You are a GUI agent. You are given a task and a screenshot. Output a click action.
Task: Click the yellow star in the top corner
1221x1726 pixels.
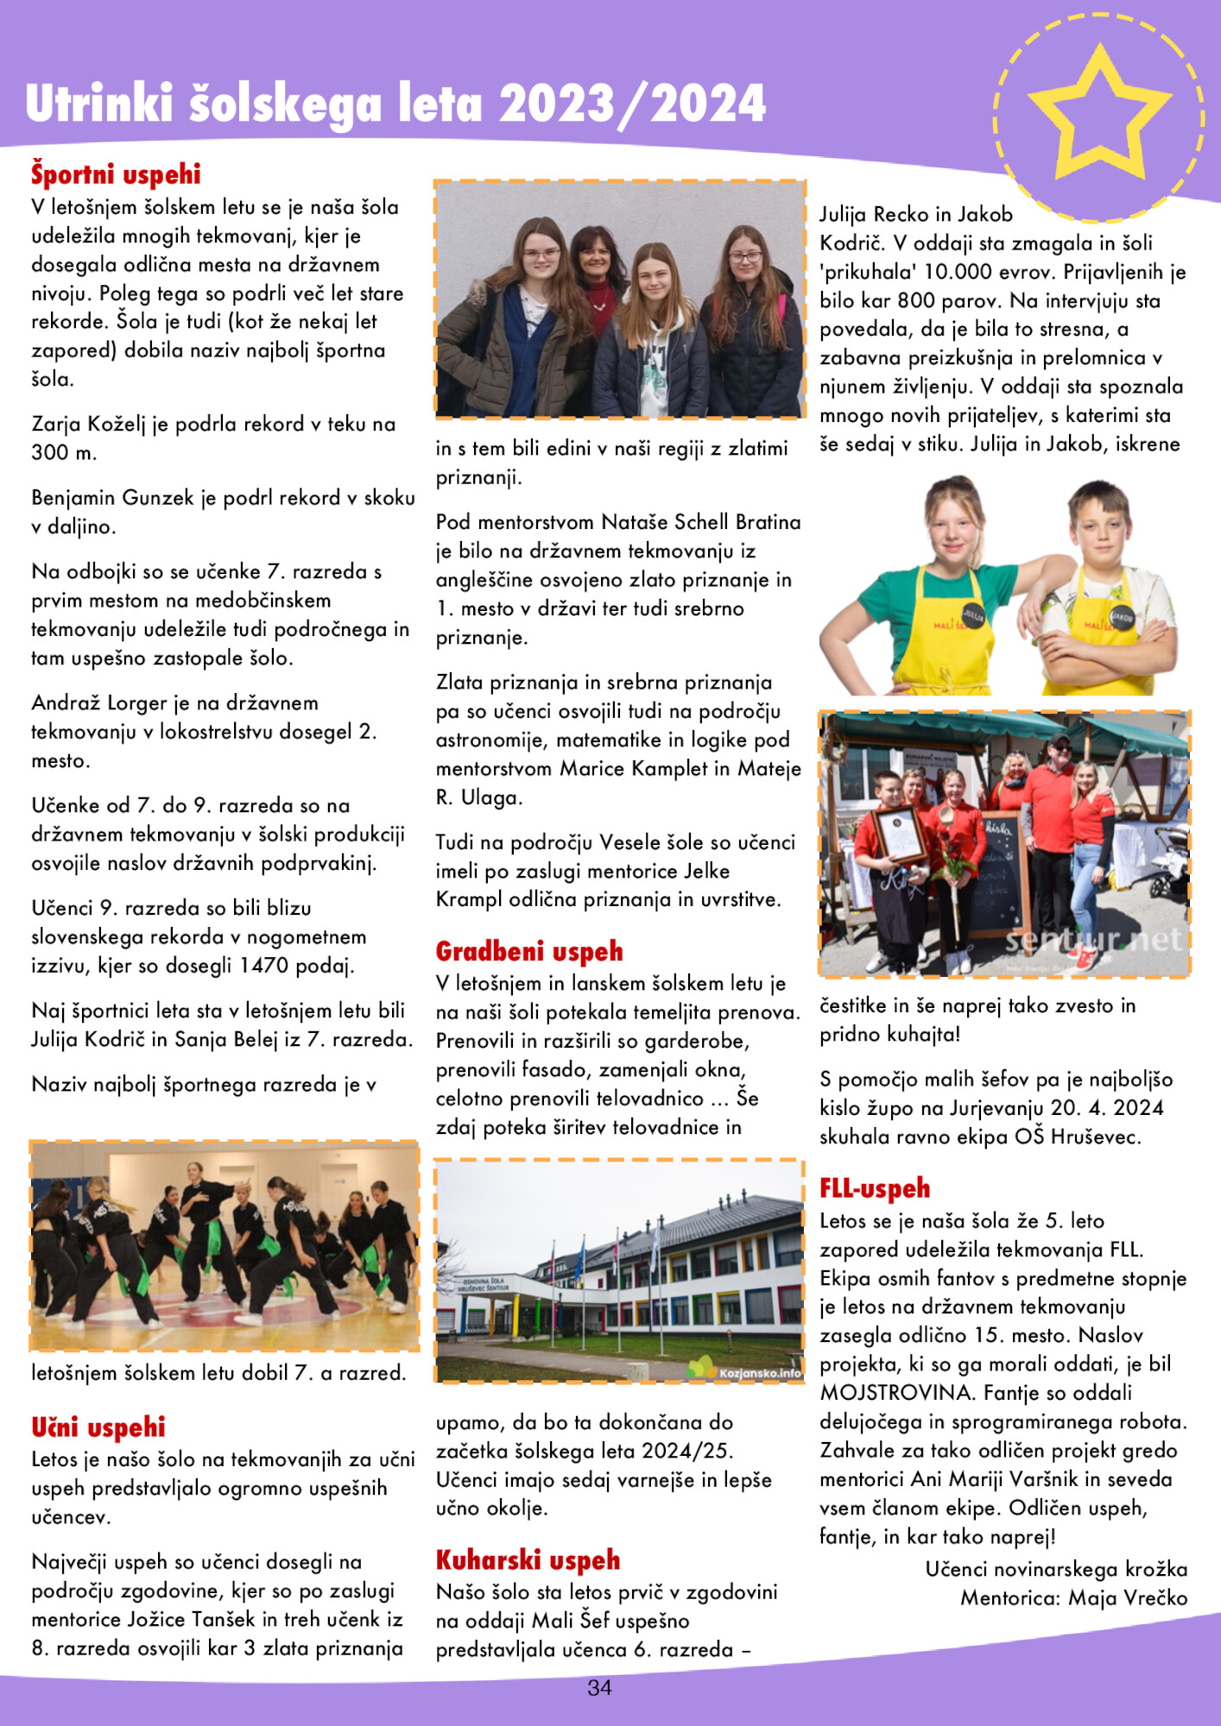pyautogui.click(x=1099, y=117)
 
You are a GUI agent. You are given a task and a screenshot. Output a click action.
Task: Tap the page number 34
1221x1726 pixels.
pyautogui.click(x=599, y=1688)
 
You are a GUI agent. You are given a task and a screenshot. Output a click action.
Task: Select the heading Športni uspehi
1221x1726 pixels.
pyautogui.click(x=116, y=174)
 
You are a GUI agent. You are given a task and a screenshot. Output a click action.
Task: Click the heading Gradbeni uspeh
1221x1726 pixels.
pyautogui.click(x=529, y=952)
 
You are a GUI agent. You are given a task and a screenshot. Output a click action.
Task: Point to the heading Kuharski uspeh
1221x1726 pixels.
pyautogui.click(x=528, y=1560)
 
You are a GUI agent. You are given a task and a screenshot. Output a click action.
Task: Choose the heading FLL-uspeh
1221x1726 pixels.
pyautogui.click(x=875, y=1189)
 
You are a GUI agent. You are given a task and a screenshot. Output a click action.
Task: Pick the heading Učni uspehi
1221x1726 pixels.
pyautogui.click(x=98, y=1427)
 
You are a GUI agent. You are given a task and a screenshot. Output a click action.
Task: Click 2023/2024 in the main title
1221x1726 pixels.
pyautogui.click(x=632, y=104)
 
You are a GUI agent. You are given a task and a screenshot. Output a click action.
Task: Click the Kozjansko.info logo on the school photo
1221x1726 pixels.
pyautogui.click(x=749, y=1371)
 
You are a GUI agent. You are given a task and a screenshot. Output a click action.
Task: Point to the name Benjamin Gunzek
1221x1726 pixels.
pyautogui.click(x=102, y=498)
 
